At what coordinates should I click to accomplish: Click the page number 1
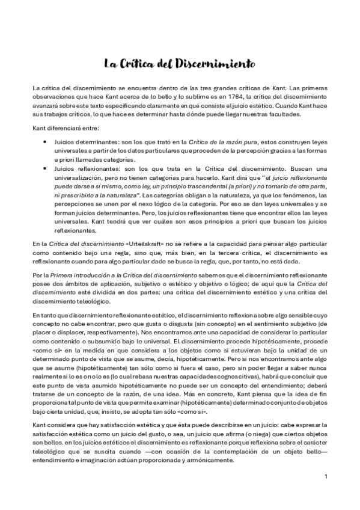point(325,478)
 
